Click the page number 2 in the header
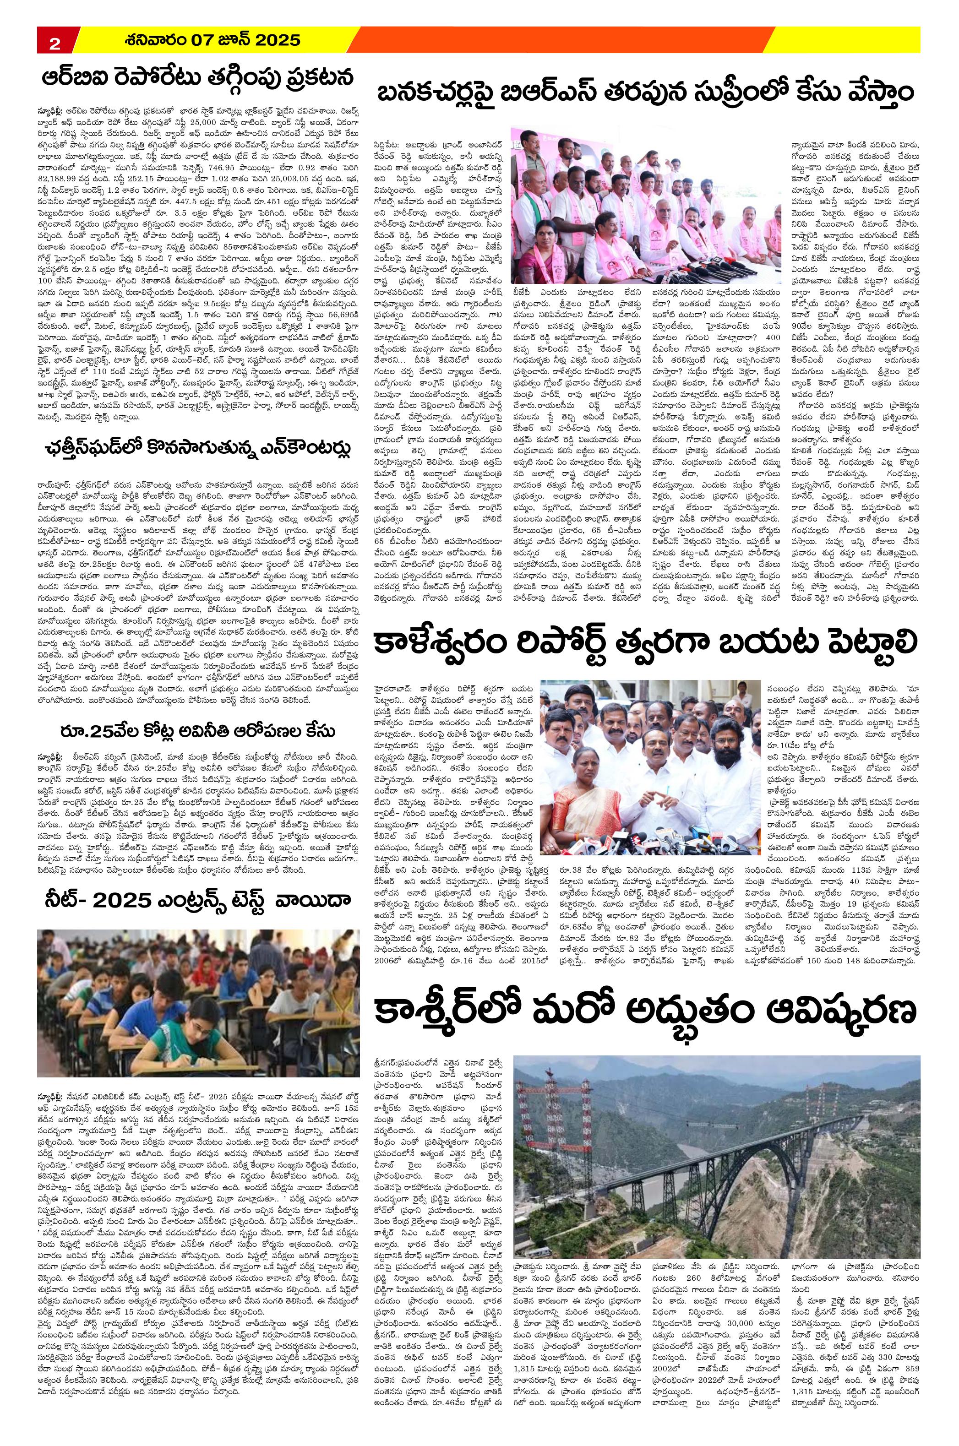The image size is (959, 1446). (x=54, y=43)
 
